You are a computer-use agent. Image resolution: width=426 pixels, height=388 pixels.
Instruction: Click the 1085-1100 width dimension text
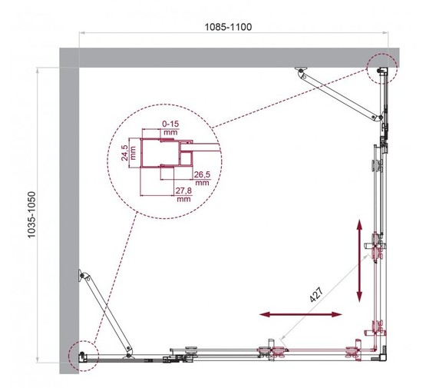(229, 26)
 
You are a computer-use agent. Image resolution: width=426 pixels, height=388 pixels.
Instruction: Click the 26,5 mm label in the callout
(202, 178)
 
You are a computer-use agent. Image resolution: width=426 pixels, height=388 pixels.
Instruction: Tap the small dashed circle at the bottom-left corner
(81, 355)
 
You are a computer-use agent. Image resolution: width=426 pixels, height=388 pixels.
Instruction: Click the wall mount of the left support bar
(82, 276)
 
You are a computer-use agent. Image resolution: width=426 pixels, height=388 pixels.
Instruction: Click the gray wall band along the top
(230, 56)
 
